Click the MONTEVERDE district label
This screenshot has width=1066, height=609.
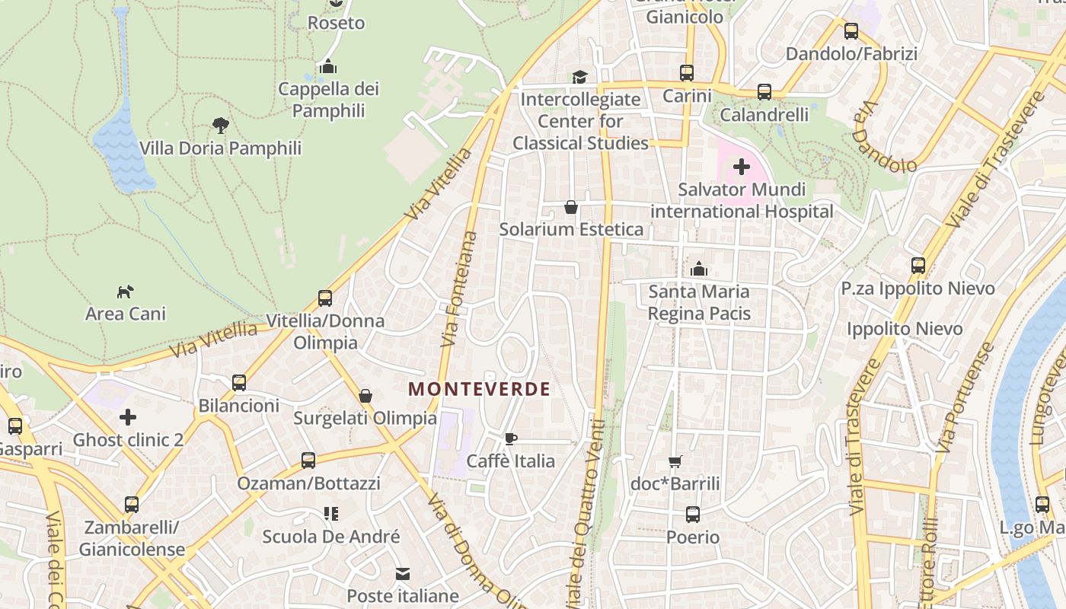(x=479, y=389)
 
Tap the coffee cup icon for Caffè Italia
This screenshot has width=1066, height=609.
(x=511, y=438)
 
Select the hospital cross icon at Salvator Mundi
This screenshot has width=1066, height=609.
(x=741, y=167)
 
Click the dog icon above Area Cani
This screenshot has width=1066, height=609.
(x=125, y=292)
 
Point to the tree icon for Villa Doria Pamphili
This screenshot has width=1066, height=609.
(x=221, y=126)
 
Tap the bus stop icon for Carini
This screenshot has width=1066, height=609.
(x=687, y=73)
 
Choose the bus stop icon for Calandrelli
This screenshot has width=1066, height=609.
(x=764, y=92)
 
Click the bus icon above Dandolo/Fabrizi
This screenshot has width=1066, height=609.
(x=851, y=31)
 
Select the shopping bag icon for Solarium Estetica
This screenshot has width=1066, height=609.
(x=570, y=207)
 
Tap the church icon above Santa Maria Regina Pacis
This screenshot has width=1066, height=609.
(x=699, y=269)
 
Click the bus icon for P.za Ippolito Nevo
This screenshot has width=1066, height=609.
(x=918, y=266)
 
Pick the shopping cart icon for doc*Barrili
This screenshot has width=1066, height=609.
(x=675, y=461)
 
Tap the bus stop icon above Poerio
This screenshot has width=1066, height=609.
(x=693, y=515)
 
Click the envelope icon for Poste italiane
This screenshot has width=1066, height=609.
(x=403, y=573)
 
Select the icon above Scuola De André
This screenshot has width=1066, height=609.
(x=330, y=514)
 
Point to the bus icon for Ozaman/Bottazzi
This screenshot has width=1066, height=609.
(x=308, y=461)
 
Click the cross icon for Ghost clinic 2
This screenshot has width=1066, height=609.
(x=128, y=417)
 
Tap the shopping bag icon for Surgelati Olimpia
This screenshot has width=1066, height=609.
(x=365, y=396)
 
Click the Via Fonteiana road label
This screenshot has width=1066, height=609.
(x=458, y=289)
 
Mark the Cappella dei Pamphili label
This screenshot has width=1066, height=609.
(x=328, y=100)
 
